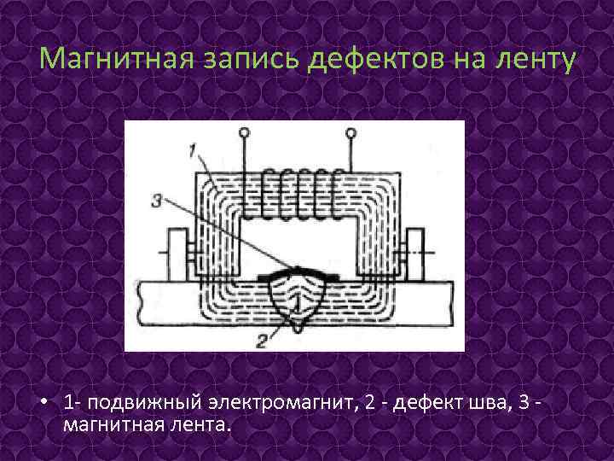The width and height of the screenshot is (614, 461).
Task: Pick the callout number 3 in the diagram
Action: tap(156, 201)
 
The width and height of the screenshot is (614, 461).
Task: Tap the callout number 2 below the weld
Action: tap(263, 340)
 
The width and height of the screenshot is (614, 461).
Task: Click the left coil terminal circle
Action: tap(245, 133)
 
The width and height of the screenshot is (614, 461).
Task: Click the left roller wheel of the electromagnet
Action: tap(177, 254)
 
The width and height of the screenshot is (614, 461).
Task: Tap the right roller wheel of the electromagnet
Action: tap(416, 254)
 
